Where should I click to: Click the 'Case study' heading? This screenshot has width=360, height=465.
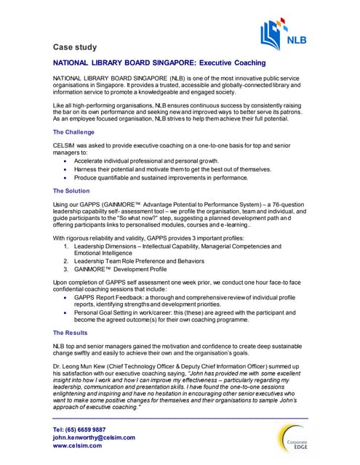[x=76, y=47]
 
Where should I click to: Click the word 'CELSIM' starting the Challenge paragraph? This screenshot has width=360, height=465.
[x=65, y=146]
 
